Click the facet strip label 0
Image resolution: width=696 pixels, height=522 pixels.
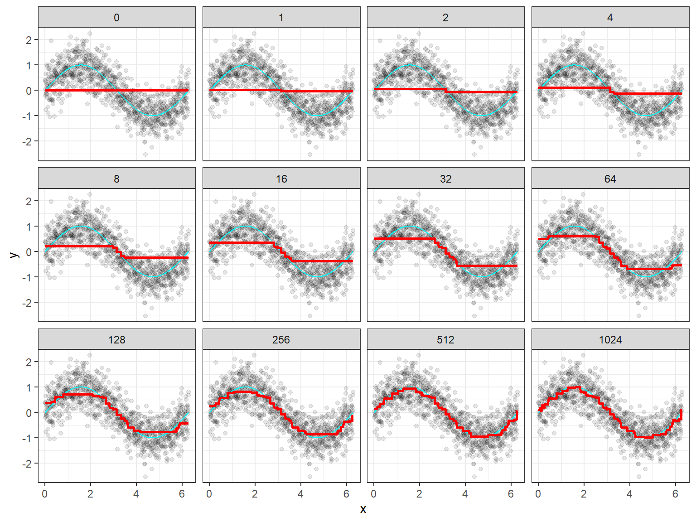click(x=117, y=18)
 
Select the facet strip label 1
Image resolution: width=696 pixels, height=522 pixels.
click(x=281, y=18)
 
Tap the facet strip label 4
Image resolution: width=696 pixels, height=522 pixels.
click(x=610, y=18)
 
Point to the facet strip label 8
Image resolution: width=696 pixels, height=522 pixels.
click(x=117, y=179)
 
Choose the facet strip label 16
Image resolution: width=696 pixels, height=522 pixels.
click(x=281, y=179)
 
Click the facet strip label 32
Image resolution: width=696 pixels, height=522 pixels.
click(x=446, y=179)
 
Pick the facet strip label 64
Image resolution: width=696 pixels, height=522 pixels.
click(x=610, y=179)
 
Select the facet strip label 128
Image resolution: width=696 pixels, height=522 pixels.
click(x=117, y=340)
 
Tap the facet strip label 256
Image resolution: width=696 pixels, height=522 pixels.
click(x=281, y=340)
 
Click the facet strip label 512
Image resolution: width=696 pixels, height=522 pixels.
click(x=446, y=340)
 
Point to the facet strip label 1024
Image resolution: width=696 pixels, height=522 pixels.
click(x=610, y=340)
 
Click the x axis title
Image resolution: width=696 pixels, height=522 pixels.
click(x=363, y=509)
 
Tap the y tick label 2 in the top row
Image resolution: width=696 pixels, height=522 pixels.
click(x=29, y=40)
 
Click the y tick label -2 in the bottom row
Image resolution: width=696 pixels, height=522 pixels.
click(x=27, y=464)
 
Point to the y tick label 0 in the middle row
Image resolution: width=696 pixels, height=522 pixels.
click(x=29, y=252)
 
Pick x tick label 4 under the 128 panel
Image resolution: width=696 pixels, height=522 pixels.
click(x=136, y=494)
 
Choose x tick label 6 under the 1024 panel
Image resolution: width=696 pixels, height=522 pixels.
click(x=675, y=494)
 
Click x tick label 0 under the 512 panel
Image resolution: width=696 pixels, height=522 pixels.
click(x=373, y=494)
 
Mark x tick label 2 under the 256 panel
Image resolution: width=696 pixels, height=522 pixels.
click(x=255, y=494)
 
